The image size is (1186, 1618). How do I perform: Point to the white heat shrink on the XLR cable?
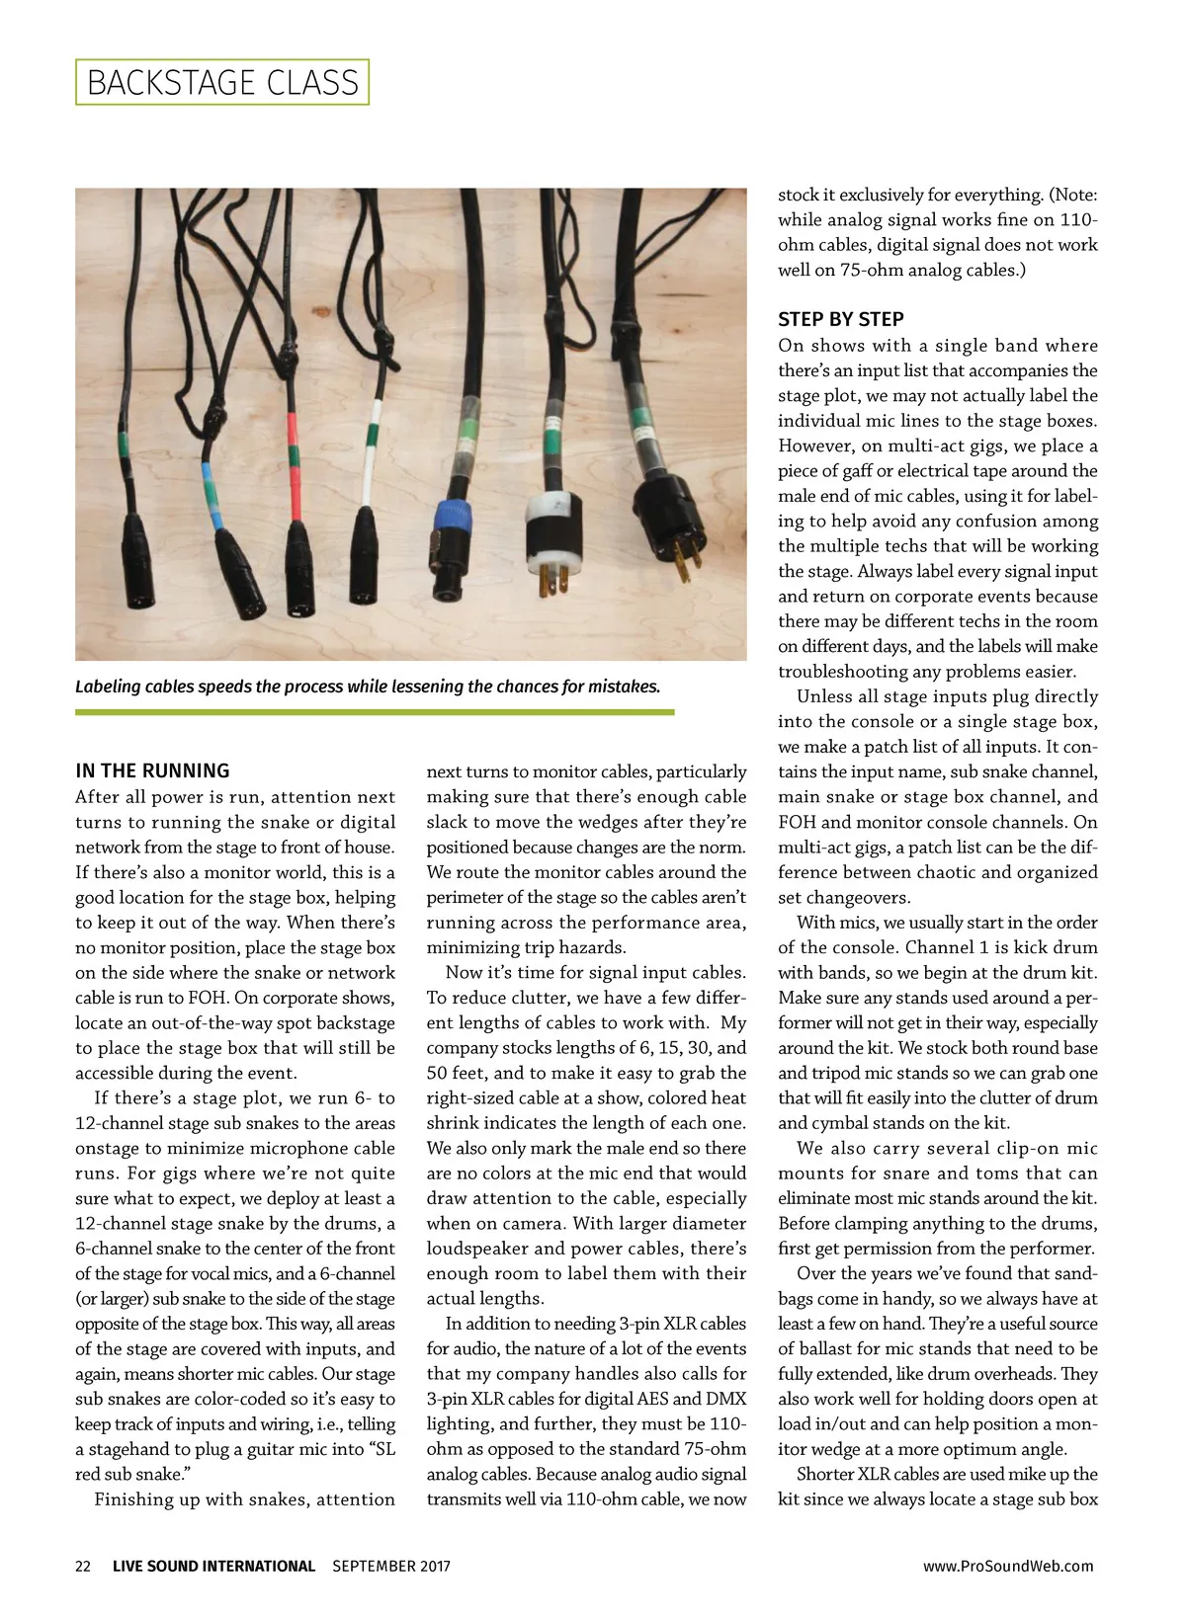370,464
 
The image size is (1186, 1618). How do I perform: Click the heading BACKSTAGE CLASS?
222,82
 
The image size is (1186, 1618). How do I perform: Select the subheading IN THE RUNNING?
152,770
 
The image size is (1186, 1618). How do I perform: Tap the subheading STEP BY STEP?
840,319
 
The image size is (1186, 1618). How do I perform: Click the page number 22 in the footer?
83,1566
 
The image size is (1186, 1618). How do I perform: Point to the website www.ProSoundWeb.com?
1008,1566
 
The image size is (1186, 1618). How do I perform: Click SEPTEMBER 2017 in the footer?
391,1566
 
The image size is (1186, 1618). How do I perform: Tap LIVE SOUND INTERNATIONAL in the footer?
213,1566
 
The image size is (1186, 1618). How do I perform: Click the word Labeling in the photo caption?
108,687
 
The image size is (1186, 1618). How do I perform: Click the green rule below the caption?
375,711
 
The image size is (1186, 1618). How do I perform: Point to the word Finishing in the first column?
132,1499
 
